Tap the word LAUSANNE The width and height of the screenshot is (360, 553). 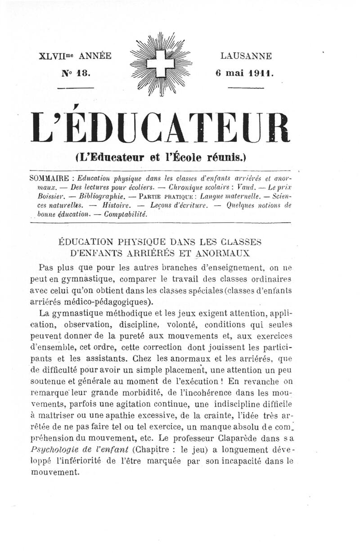(246, 56)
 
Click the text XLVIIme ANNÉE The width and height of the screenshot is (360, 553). (75, 56)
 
